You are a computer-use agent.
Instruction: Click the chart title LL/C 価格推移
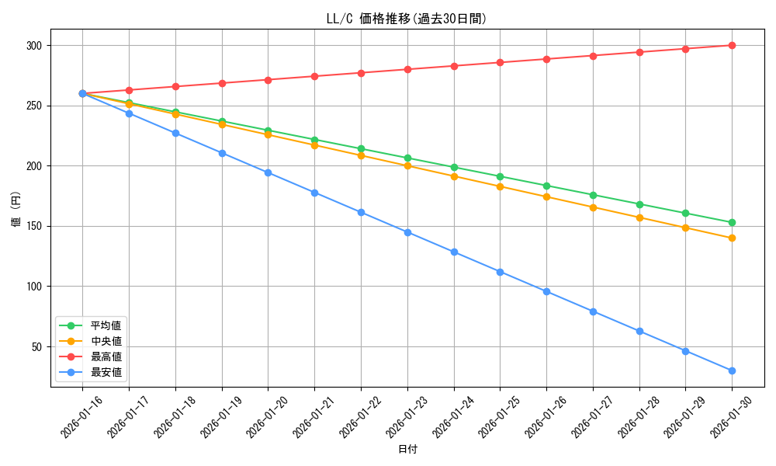tap(406, 19)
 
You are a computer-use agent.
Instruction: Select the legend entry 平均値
tap(106, 325)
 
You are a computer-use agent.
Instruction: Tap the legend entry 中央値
tap(106, 341)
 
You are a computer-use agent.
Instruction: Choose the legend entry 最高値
tap(106, 356)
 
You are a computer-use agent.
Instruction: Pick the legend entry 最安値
tap(106, 372)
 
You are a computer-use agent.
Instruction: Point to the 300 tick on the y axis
tap(33, 46)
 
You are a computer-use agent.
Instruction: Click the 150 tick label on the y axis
tap(33, 226)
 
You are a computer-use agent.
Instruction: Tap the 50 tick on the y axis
tap(35, 346)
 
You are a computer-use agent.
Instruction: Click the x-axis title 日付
tap(407, 450)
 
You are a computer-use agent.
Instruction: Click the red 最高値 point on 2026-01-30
tap(732, 45)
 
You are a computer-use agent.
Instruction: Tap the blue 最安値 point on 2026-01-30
tap(732, 370)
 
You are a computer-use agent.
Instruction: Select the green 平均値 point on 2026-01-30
tap(732, 223)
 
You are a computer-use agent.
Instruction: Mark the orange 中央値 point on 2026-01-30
tap(732, 238)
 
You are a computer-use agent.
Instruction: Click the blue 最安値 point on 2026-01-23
tap(407, 232)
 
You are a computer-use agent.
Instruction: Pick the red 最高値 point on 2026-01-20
tap(268, 80)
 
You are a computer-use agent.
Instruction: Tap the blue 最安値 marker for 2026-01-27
tap(593, 311)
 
